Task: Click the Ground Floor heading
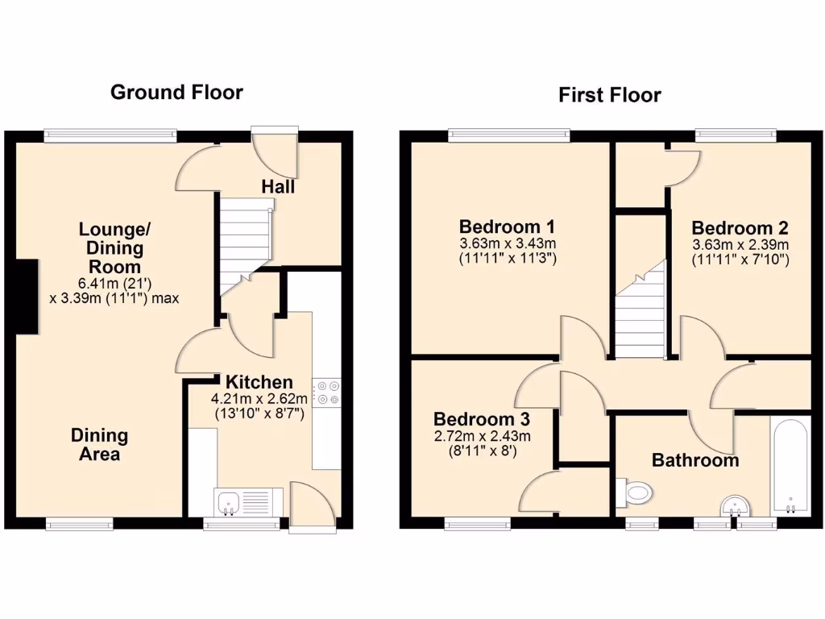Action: click(176, 92)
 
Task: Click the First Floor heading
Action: click(610, 95)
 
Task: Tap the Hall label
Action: click(278, 187)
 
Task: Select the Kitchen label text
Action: click(259, 382)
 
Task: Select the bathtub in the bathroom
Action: click(790, 466)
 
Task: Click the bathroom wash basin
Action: click(735, 505)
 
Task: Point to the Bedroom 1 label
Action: click(508, 226)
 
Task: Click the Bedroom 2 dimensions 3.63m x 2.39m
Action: click(740, 244)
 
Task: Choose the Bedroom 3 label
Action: click(481, 420)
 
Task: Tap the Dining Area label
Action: click(99, 444)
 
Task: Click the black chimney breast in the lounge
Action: click(26, 296)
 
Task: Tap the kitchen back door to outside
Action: click(313, 508)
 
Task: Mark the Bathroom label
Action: click(694, 461)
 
